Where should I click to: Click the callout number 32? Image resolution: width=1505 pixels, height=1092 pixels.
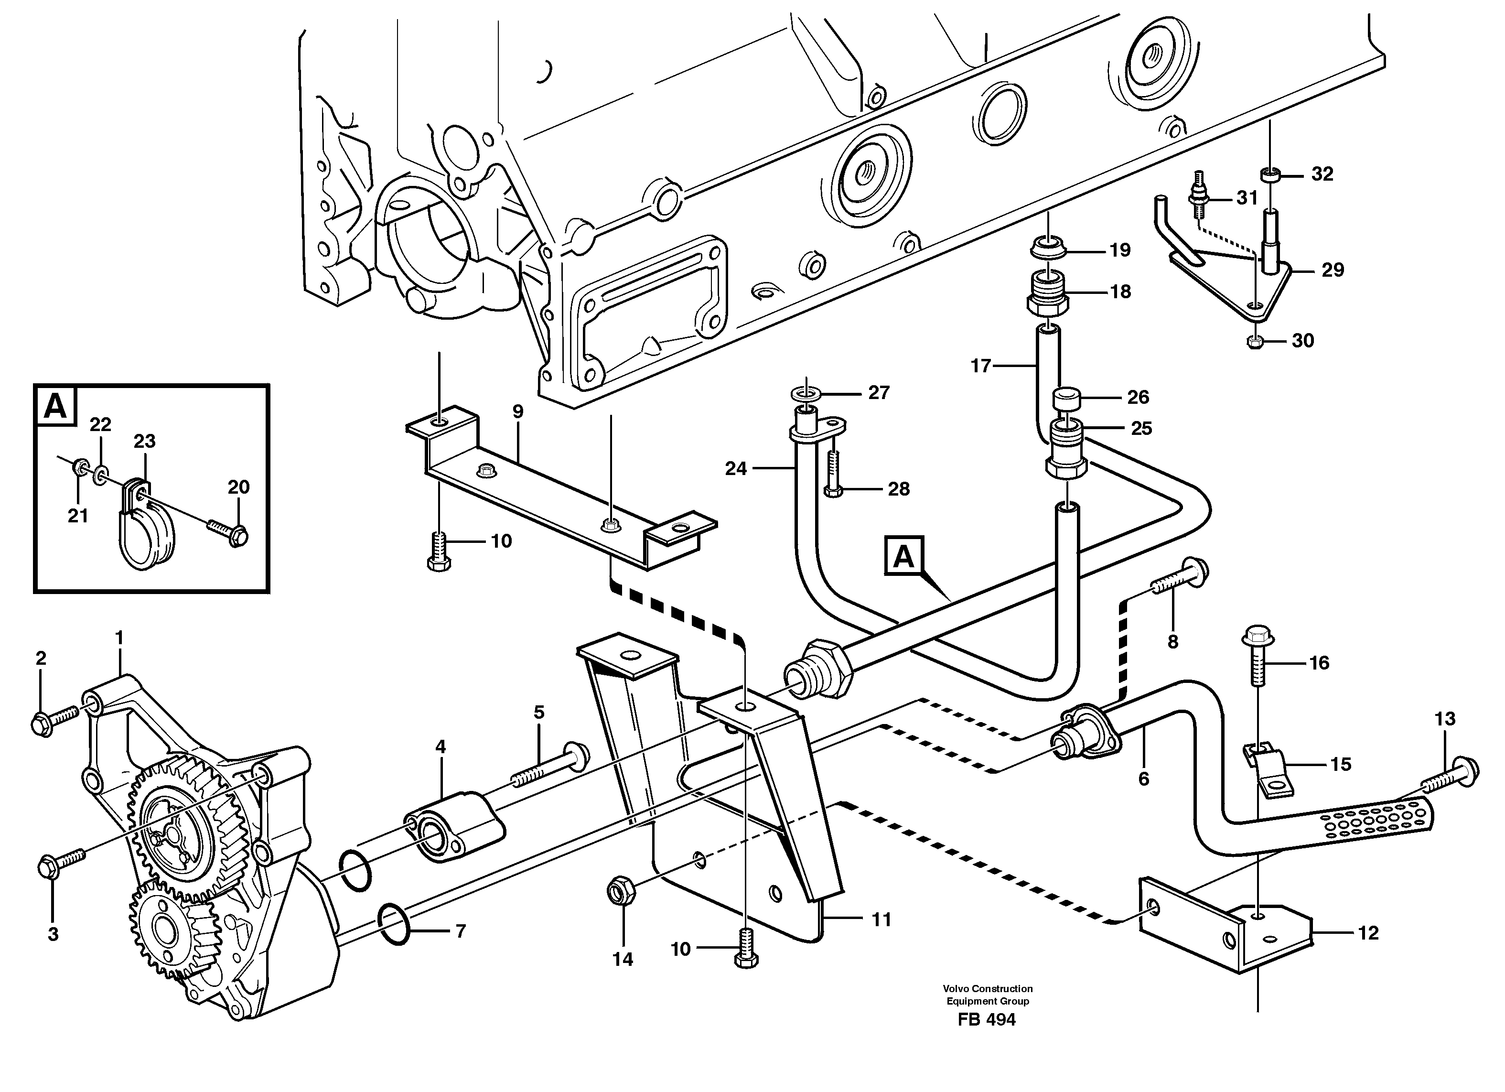[x=1322, y=174]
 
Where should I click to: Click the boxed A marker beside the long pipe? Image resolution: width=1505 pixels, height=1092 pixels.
[x=903, y=556]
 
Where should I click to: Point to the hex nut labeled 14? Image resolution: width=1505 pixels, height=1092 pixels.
[x=621, y=893]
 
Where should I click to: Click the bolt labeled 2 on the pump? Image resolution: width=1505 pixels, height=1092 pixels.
[x=54, y=721]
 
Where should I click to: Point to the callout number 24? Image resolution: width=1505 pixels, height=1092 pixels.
[x=736, y=469]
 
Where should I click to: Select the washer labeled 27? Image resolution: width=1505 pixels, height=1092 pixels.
[x=804, y=394]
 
